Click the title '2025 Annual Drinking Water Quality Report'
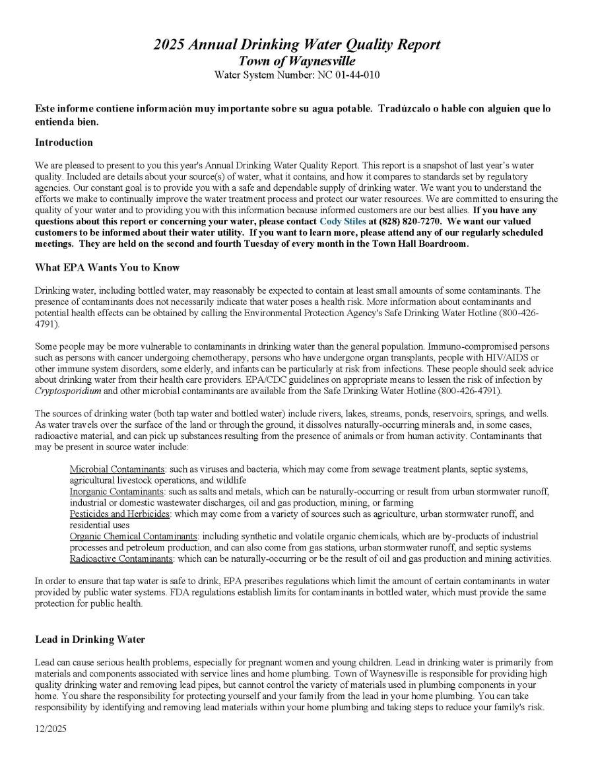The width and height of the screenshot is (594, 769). tap(297, 45)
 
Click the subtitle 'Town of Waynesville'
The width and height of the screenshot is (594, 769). tap(297, 61)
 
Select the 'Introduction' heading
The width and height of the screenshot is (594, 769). tap(64, 143)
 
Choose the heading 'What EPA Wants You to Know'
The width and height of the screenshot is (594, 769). tap(107, 267)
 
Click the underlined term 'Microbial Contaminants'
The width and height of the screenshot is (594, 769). tap(116, 469)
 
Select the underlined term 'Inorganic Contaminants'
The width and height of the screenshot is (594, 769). tap(116, 492)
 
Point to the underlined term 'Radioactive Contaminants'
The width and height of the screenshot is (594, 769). tap(121, 559)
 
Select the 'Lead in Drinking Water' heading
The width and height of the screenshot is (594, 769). tap(90, 640)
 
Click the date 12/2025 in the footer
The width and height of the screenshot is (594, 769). tap(51, 729)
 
